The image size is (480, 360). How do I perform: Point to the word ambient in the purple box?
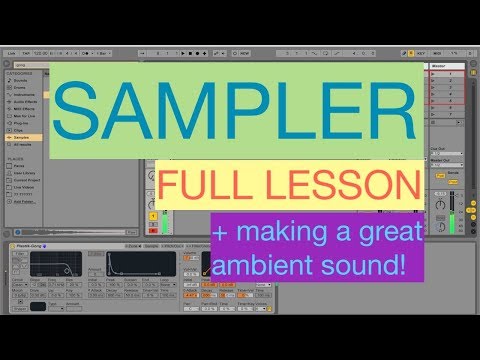(272, 266)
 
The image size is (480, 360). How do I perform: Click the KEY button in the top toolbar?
(422, 51)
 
